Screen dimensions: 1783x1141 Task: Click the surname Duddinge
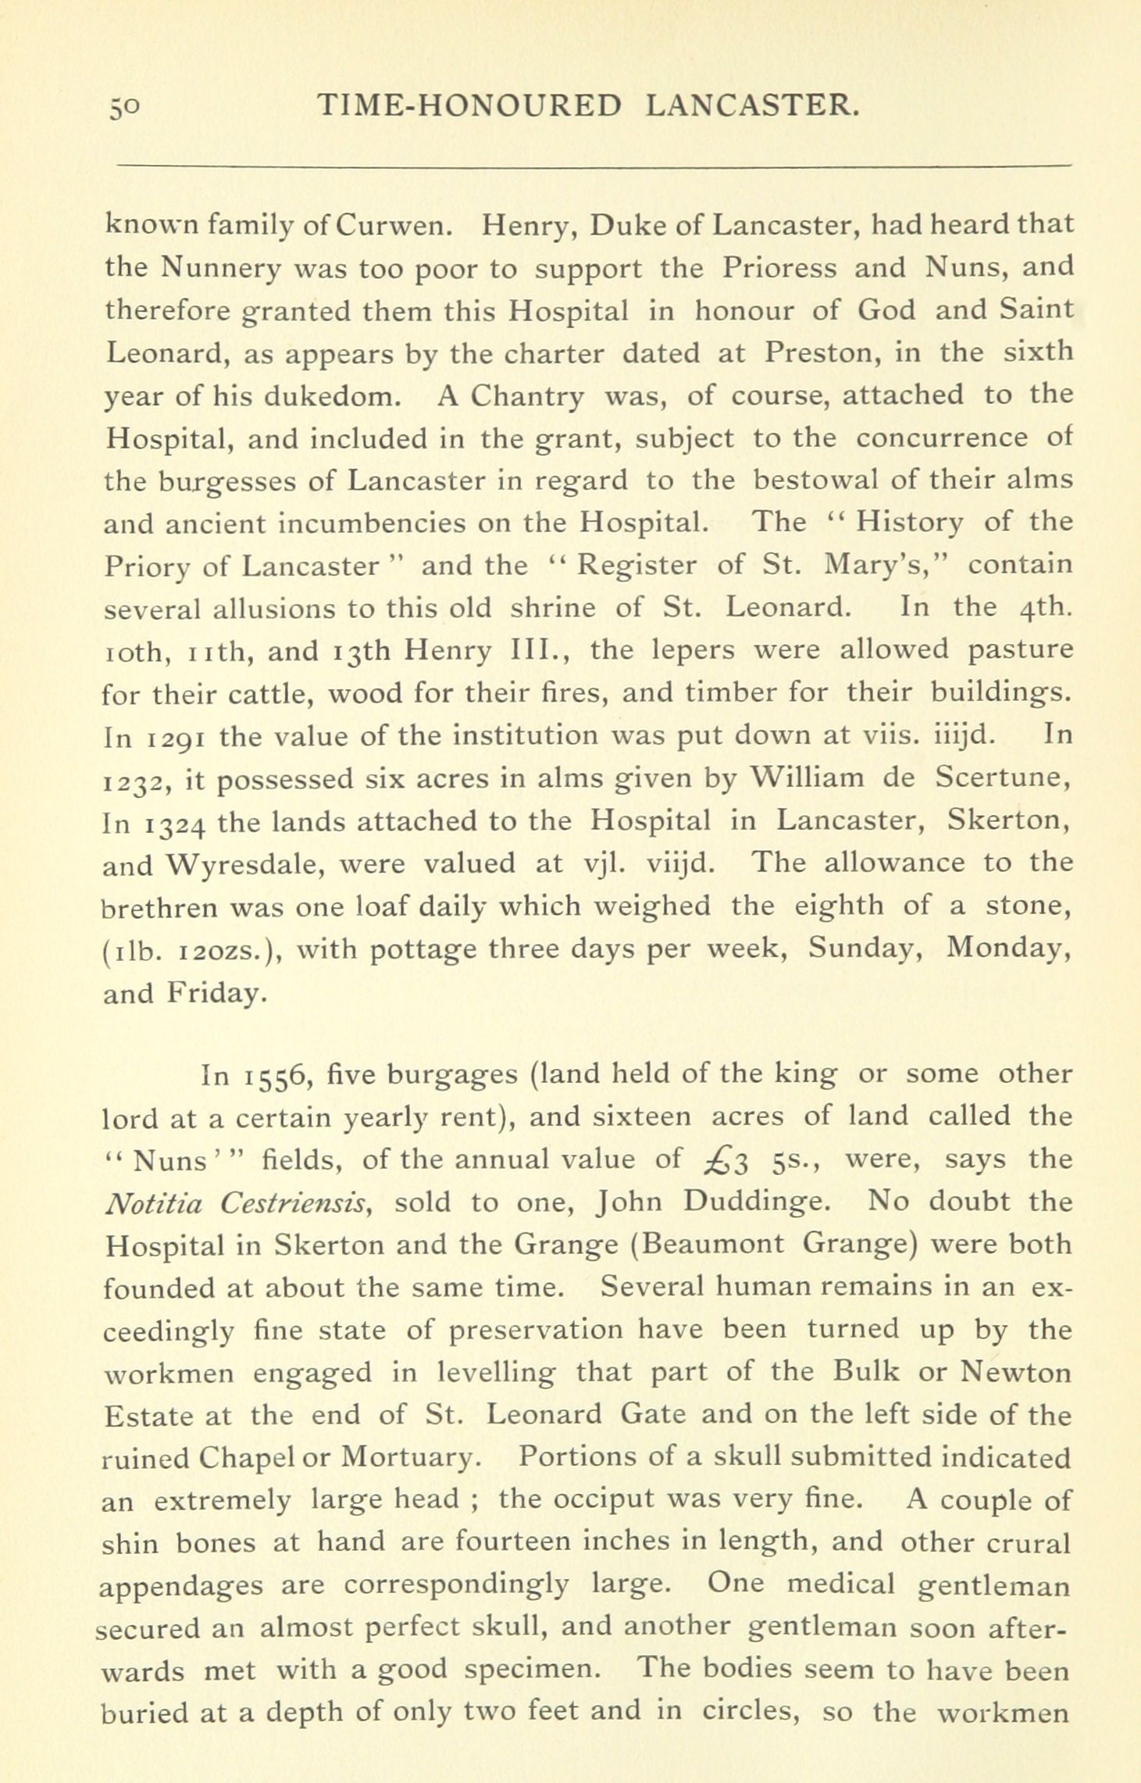754,1202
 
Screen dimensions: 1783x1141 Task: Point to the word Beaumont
709,1245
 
